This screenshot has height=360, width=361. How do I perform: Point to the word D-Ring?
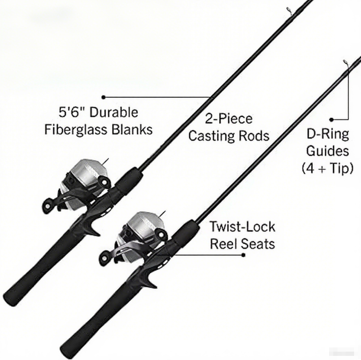pos(327,134)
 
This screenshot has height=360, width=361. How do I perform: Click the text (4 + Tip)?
pos(327,168)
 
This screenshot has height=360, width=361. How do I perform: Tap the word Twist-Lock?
pos(242,227)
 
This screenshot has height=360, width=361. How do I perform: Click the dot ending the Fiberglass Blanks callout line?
pos(104,97)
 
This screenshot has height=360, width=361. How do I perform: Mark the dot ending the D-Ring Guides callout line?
pos(331,119)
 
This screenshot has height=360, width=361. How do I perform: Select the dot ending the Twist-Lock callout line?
pos(244,254)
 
